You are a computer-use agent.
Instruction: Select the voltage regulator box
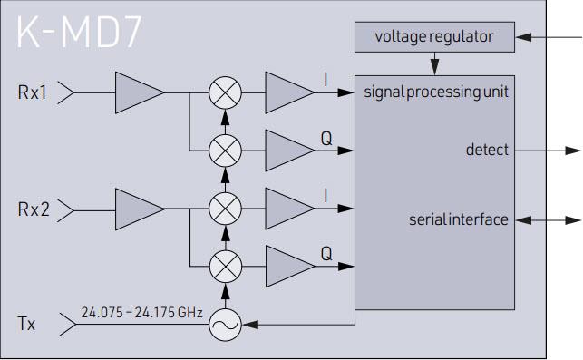coord(433,37)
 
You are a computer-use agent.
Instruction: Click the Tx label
coord(27,322)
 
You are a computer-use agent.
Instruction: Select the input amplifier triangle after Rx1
coord(137,92)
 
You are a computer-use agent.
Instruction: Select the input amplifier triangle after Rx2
coord(137,208)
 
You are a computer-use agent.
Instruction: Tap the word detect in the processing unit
coord(487,150)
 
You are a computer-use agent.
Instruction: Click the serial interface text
coord(458,219)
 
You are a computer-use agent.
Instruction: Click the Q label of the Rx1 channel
coord(326,138)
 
